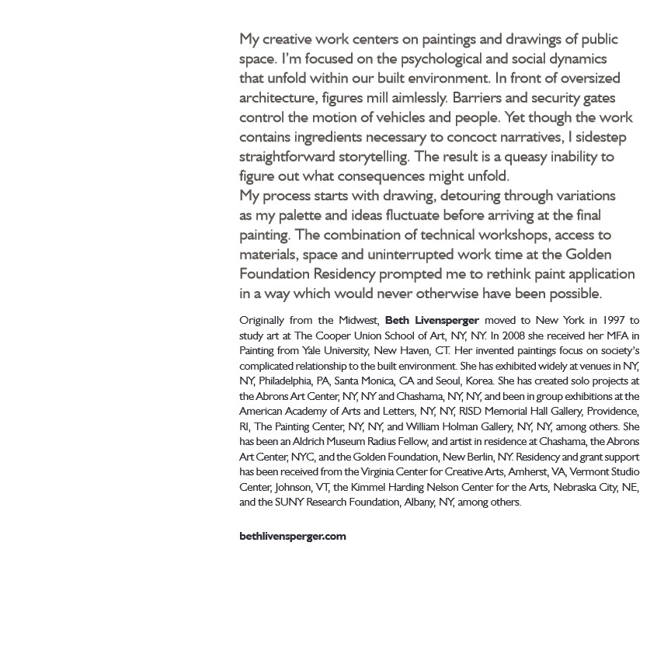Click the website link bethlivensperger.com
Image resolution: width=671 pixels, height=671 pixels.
(293, 536)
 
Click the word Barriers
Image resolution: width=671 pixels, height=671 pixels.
(478, 98)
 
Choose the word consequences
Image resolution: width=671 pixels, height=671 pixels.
(400, 176)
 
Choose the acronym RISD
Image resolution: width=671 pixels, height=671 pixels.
(470, 411)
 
